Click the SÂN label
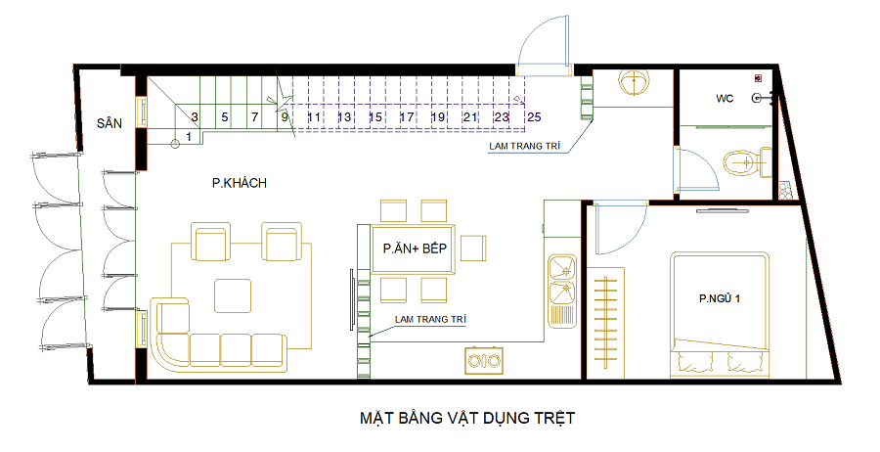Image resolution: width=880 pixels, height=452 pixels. click(110, 123)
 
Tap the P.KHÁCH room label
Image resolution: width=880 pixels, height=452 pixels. click(240, 183)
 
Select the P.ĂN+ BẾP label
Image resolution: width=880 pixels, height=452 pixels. click(416, 249)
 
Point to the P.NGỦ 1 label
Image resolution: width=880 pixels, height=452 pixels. click(720, 298)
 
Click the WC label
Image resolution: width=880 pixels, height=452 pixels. click(725, 99)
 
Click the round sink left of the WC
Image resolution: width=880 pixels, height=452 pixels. click(635, 81)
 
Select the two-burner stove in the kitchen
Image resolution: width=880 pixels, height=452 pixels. click(484, 360)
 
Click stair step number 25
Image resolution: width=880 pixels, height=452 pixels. click(534, 116)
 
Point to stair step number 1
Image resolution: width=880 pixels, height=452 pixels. click(189, 136)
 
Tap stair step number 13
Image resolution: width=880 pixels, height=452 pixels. click(344, 116)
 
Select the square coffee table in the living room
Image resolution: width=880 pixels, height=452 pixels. click(233, 295)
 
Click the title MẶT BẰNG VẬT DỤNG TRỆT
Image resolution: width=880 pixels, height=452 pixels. click(467, 419)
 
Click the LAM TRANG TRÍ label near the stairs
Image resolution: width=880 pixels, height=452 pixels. click(525, 146)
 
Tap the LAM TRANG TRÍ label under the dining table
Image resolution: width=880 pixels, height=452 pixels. click(430, 320)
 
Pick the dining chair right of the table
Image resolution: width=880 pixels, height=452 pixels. click(473, 249)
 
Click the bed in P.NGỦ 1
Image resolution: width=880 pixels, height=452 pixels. click(719, 316)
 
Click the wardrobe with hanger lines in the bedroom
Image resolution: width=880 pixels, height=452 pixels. click(606, 323)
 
